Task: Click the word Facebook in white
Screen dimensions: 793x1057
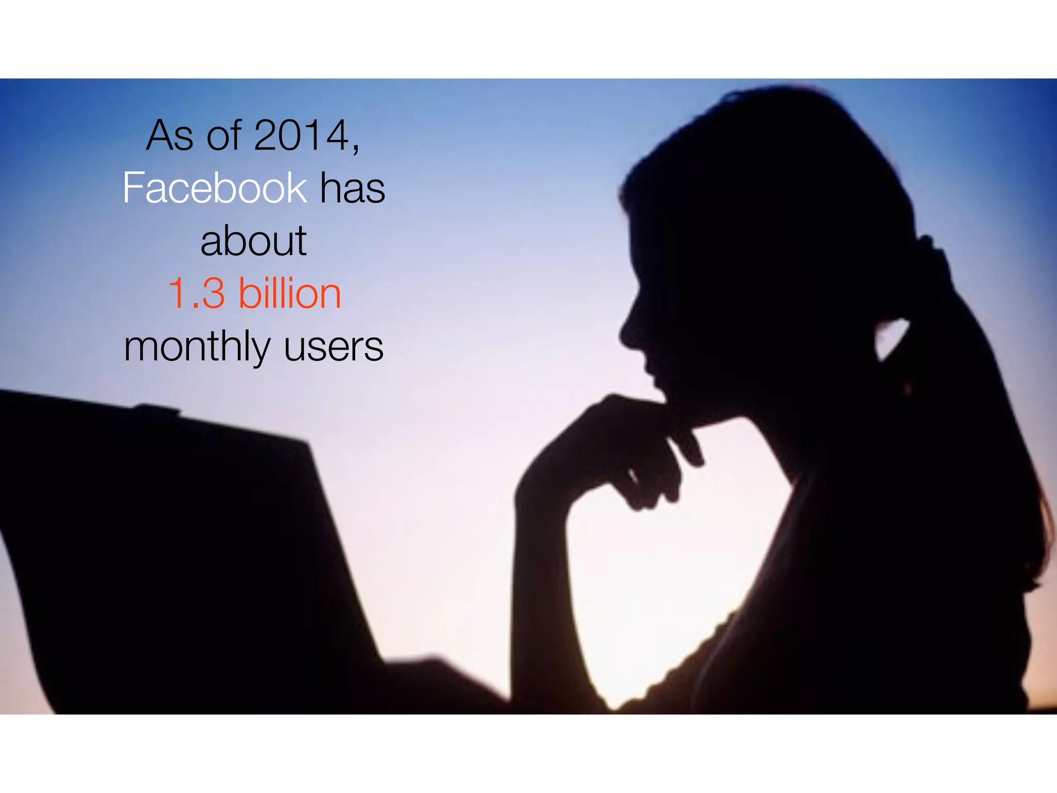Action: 215,188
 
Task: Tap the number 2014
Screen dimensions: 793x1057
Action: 302,136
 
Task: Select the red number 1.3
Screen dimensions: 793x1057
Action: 197,294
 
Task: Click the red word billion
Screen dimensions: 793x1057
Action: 290,293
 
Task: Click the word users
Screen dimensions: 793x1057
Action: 333,347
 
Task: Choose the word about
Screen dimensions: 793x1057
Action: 253,241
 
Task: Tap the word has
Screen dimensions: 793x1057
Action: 353,188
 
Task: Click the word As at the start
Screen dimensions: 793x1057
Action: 170,136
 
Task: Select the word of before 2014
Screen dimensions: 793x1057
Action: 224,136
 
